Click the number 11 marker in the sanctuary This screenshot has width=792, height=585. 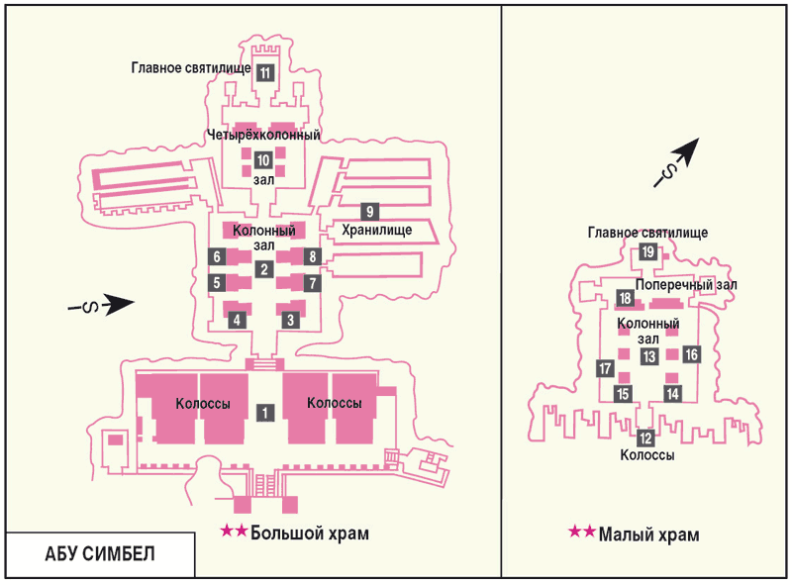pos(265,72)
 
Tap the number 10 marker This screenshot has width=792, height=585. pos(263,160)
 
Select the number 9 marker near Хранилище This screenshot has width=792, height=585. pos(369,211)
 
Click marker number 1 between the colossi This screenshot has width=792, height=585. pos(264,413)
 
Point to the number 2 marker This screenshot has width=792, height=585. pos(263,269)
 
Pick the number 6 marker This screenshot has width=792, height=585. pos(217,256)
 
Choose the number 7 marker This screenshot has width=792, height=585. pos(313,283)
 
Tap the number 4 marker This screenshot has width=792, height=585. pos(237,320)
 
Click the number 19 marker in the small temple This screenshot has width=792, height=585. pos(647,251)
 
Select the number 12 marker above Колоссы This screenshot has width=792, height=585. pos(645,438)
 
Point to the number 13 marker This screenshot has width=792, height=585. pos(649,356)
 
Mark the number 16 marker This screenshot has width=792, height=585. pos(691,354)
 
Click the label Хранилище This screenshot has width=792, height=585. pos(377,231)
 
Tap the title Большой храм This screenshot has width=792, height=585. pos(310,533)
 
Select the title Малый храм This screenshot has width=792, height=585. pos(649,534)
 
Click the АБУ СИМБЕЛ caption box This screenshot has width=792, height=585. pos(100,554)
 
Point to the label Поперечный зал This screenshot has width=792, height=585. pos(686,285)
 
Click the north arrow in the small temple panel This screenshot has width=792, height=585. pos(677,162)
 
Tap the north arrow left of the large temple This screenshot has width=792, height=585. pos(102,304)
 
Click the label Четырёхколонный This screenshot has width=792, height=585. pos(263,135)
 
